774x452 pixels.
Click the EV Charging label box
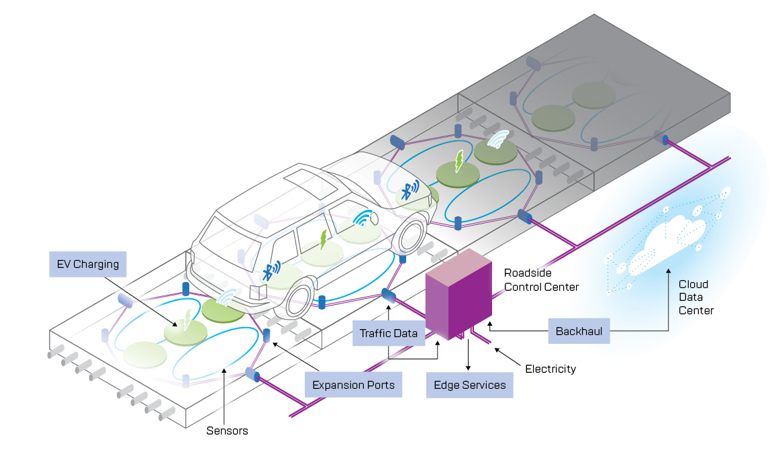coord(88,264)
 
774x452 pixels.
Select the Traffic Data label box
coord(389,333)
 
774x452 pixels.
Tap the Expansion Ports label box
coord(353,385)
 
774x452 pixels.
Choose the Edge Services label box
coord(469,385)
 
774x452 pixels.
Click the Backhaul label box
coord(579,332)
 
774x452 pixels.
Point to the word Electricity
coord(550,369)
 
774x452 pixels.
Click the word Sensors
coord(227,431)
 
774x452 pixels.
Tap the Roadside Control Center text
coord(541,281)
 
